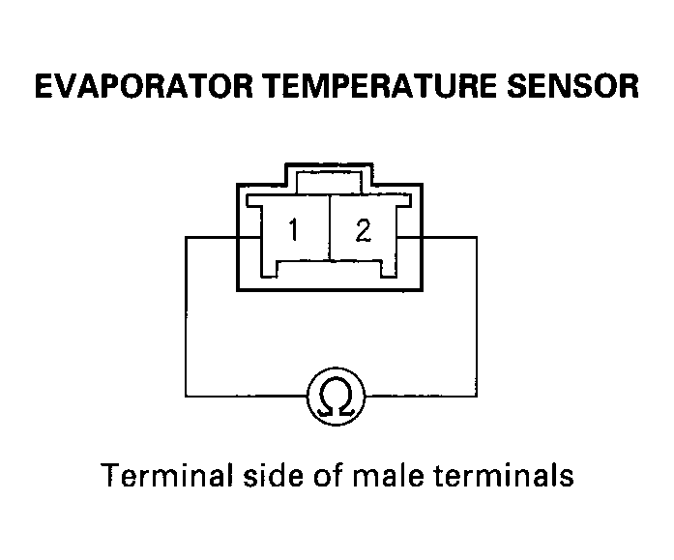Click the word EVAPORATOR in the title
tap(143, 86)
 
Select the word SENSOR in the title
tap(573, 86)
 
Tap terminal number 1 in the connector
tap(294, 229)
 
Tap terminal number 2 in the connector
tap(364, 230)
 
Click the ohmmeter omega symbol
tap(337, 397)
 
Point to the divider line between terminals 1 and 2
tap(330, 228)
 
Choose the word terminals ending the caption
tap(503, 475)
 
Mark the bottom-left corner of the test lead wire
tap(186, 396)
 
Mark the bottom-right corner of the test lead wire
tap(477, 396)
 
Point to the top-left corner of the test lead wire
tap(186, 237)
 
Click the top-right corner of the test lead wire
tap(477, 237)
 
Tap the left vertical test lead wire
tap(186, 316)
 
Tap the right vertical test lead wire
tap(477, 316)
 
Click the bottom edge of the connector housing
tap(330, 290)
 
